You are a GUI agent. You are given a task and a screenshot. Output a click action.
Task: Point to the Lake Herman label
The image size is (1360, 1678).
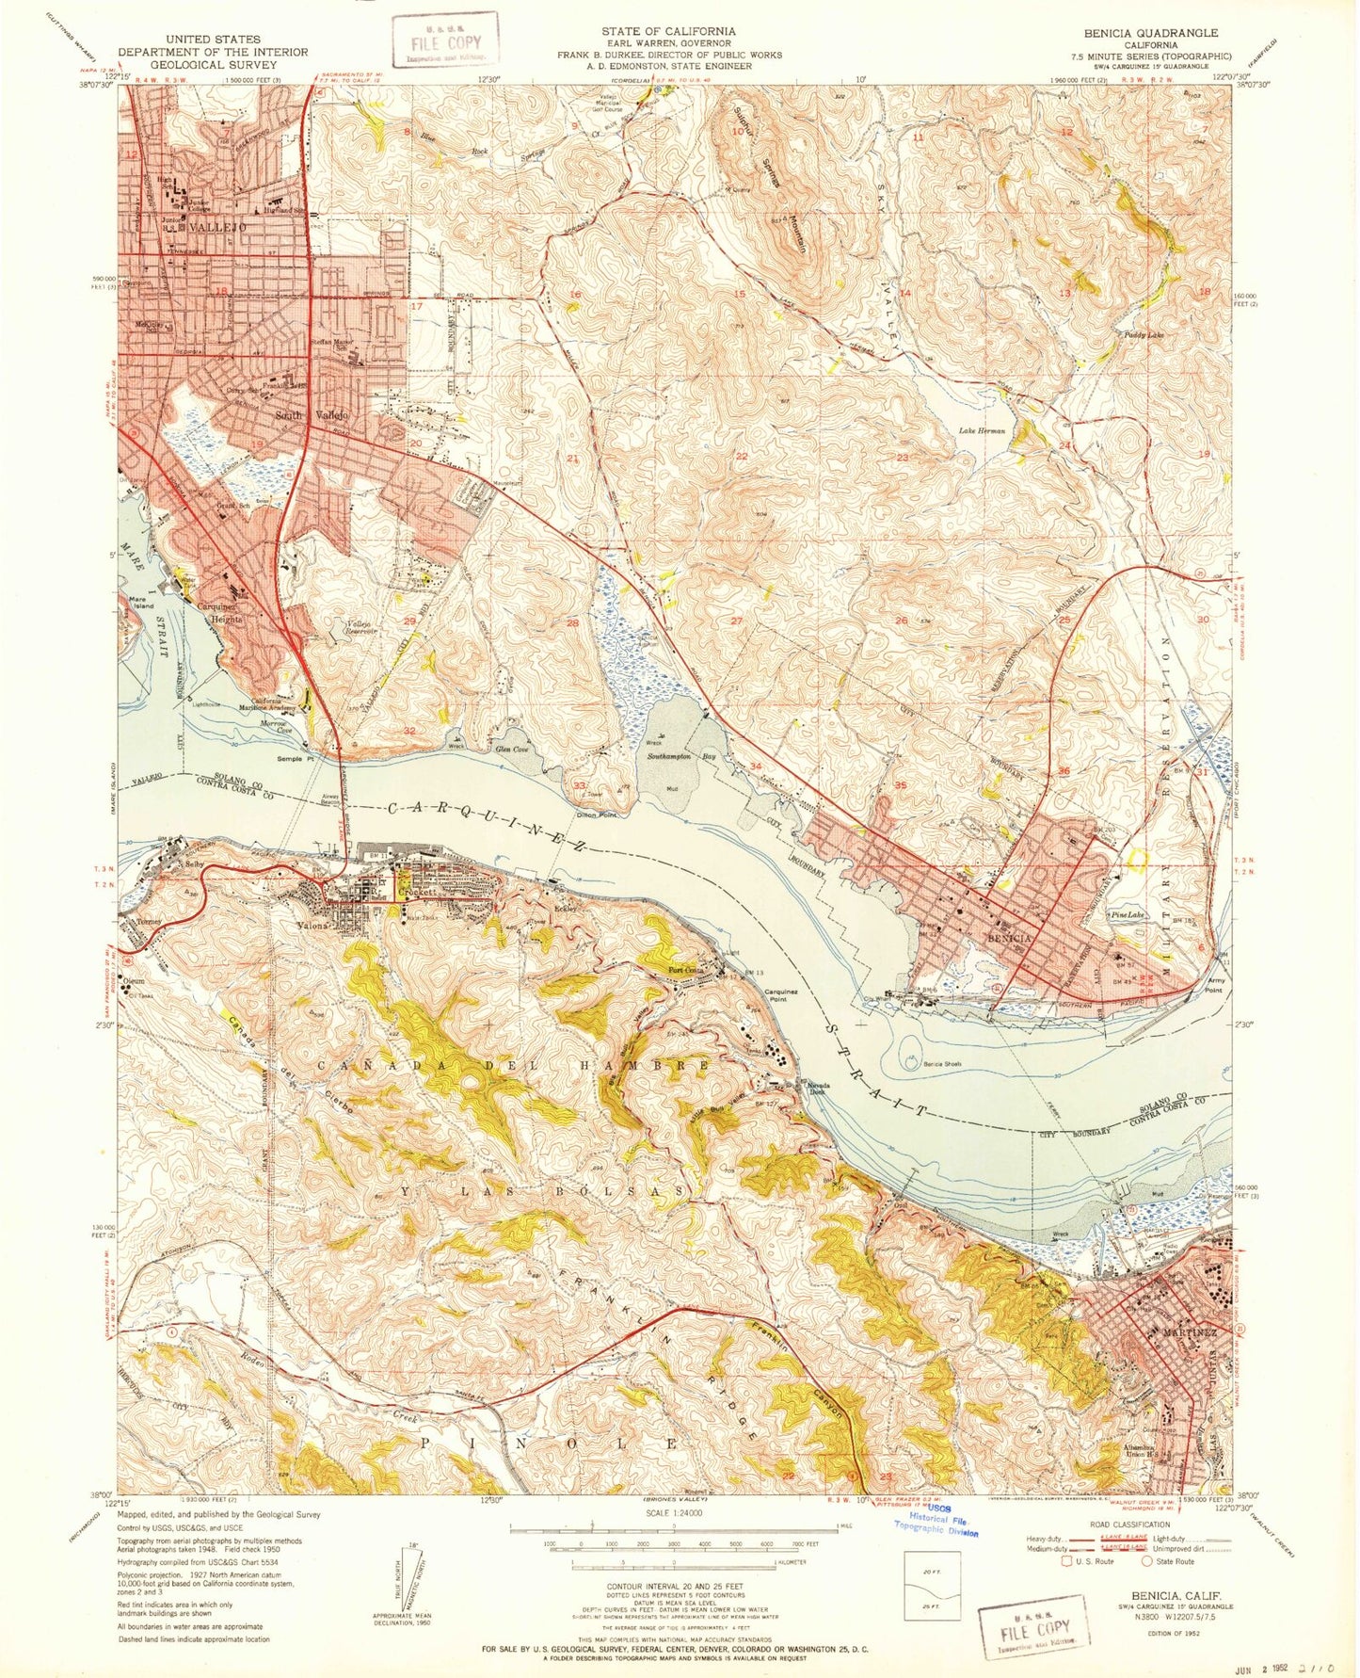click(982, 430)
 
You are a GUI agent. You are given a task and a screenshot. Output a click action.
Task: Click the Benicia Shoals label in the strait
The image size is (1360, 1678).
click(945, 1063)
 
